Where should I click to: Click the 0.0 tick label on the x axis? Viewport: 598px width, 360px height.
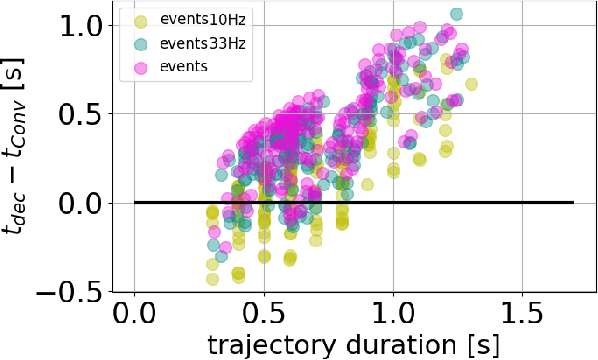click(134, 317)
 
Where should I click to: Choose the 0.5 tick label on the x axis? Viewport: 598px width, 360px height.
click(263, 317)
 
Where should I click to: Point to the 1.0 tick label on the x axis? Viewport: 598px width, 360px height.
click(393, 317)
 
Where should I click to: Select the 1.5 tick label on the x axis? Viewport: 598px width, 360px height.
click(522, 317)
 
